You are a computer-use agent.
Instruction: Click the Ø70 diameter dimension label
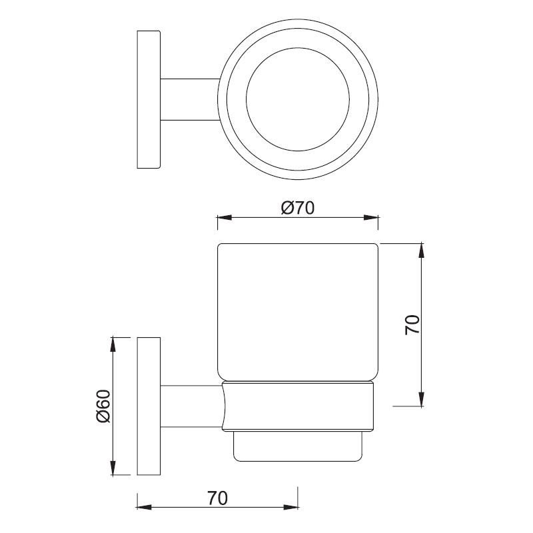coord(297,208)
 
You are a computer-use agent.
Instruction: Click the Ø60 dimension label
coord(103,406)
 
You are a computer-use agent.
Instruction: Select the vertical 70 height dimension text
coord(412,324)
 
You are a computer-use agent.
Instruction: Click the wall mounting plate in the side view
coord(149,406)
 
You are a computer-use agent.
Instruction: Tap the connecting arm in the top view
coord(190,100)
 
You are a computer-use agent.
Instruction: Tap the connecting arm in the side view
coord(190,406)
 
